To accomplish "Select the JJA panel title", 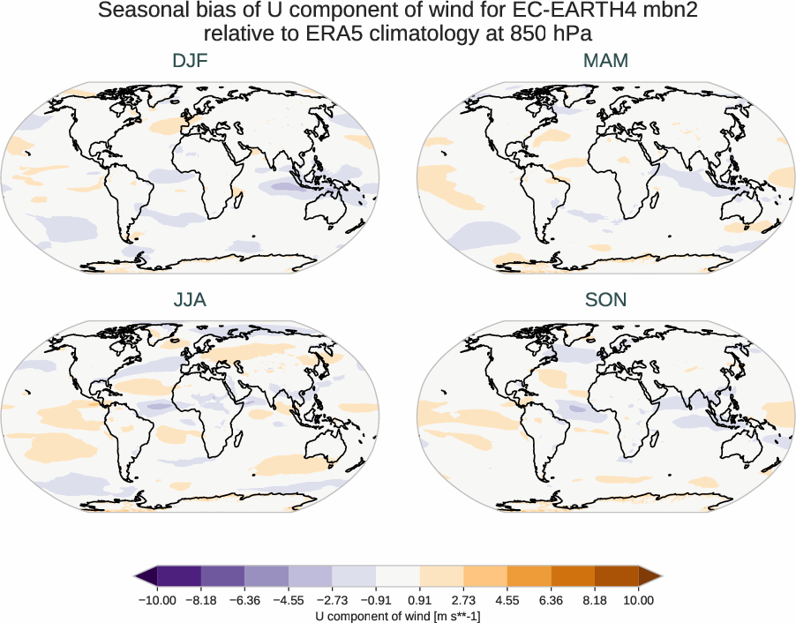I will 190,299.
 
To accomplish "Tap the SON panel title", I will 605,299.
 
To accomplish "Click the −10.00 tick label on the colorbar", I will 158,600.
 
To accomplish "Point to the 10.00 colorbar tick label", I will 639,600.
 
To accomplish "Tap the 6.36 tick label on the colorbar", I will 551,600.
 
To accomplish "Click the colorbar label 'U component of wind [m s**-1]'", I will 398,616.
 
